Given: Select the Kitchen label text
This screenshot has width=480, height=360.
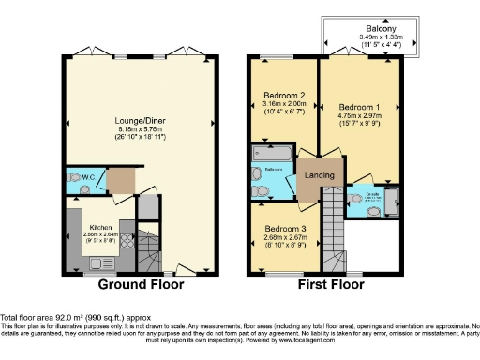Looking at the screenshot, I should pos(100,228).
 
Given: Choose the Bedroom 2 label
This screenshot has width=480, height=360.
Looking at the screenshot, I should pos(283,95).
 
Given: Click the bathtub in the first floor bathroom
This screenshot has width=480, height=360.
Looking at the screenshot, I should pos(272,153).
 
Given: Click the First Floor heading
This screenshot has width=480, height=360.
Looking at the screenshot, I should pos(330,285).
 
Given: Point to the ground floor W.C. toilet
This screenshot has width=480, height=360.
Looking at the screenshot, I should pos(74,176).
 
